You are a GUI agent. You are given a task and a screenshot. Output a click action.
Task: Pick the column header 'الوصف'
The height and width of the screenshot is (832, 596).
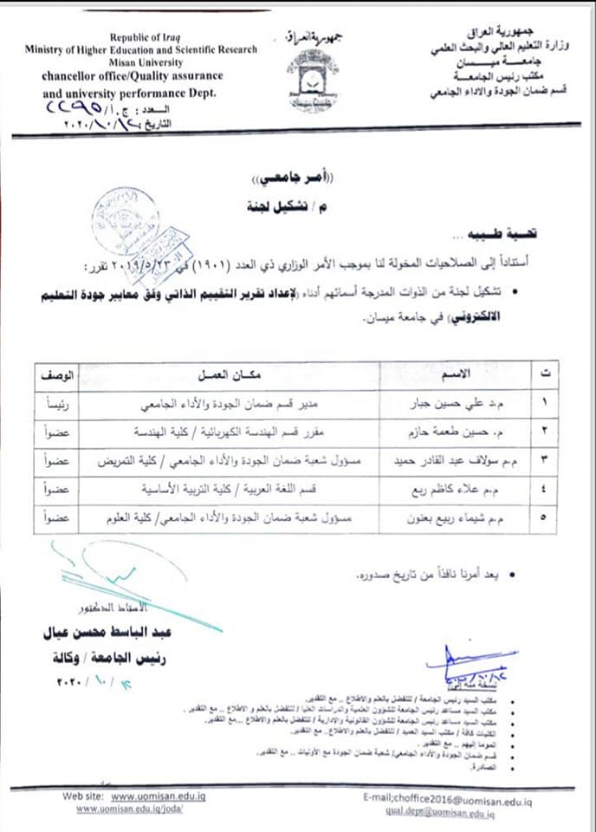click(58, 374)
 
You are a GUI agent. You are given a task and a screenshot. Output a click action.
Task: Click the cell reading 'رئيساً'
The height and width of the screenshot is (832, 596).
click(58, 403)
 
